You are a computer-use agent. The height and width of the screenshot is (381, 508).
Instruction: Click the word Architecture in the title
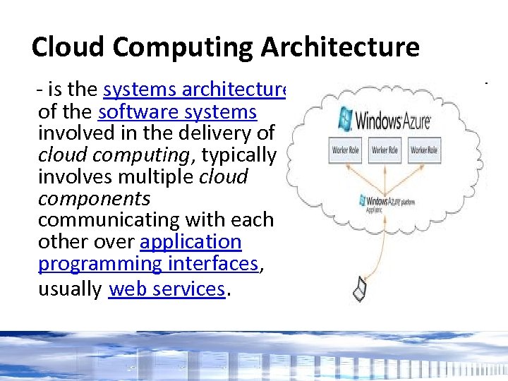[340, 47]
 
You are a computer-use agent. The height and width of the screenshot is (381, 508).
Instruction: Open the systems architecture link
[195, 90]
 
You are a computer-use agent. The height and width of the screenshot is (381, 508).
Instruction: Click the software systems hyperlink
[177, 112]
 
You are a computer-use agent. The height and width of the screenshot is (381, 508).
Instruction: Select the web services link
[167, 289]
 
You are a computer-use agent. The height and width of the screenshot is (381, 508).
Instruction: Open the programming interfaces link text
[148, 263]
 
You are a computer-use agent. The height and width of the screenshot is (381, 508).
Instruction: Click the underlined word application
[190, 241]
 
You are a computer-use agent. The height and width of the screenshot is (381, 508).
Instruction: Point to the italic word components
[94, 198]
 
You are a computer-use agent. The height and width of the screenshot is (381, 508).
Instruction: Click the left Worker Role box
[346, 151]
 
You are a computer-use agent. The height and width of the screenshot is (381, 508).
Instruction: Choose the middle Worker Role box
[385, 151]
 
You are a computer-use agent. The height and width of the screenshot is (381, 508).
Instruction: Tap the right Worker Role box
[425, 151]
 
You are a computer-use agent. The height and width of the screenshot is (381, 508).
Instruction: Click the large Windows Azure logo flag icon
[346, 118]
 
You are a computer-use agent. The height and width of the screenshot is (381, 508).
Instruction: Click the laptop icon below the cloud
[360, 289]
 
